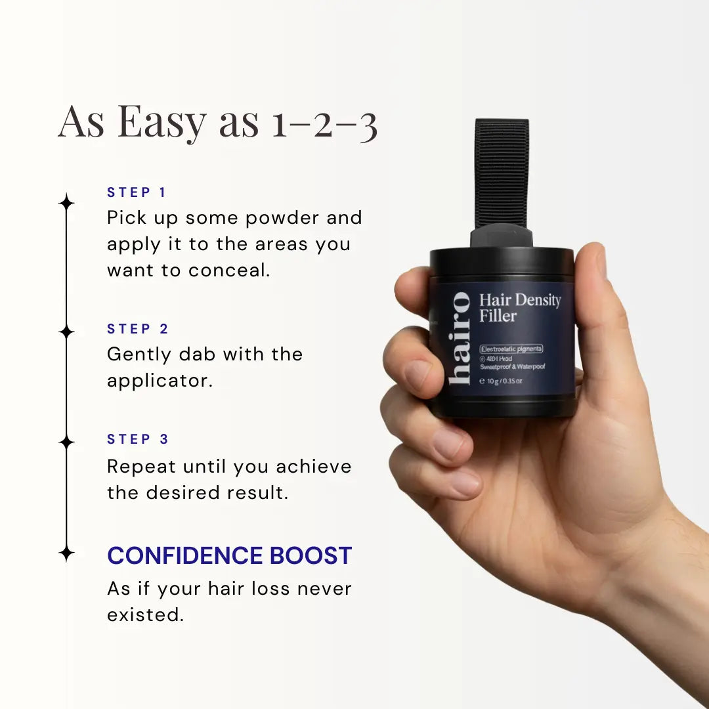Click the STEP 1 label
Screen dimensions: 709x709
[x=137, y=192]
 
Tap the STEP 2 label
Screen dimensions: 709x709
[x=138, y=329]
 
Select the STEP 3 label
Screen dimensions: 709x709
[x=138, y=439]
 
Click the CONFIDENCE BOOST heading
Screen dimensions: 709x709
[x=230, y=555]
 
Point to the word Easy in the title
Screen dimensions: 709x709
[x=161, y=122]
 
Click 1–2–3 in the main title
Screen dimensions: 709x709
[x=324, y=123]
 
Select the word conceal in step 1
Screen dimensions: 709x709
[x=230, y=270]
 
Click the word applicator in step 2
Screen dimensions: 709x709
[x=160, y=381]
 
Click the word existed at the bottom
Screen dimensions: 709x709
[x=144, y=615]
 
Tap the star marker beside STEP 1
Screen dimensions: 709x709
[x=66, y=202]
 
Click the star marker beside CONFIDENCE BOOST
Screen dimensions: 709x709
[x=66, y=553]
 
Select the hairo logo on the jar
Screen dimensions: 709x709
[x=460, y=337]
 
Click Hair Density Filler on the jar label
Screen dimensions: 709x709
[x=519, y=308]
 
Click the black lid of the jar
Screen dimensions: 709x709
[x=502, y=261]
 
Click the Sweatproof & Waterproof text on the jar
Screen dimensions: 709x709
[x=513, y=367]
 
